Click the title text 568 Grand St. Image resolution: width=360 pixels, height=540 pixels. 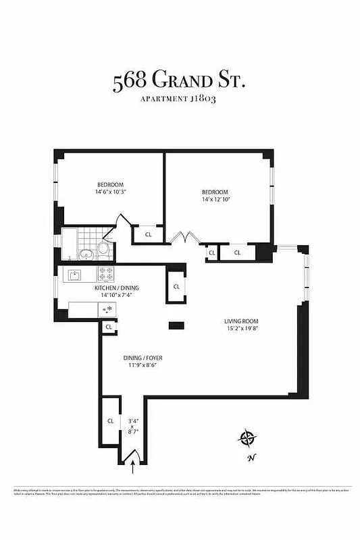tap(179, 82)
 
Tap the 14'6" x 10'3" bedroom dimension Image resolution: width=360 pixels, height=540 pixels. tap(109, 192)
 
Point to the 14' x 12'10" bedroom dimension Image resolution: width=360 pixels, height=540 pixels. tap(215, 199)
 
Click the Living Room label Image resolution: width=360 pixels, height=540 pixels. tap(241, 321)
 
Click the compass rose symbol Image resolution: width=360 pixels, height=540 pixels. tap(248, 438)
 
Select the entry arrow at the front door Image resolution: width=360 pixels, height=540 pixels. tap(133, 462)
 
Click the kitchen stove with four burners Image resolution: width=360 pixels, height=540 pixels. tap(106, 274)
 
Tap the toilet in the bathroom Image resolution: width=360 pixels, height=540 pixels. tap(103, 248)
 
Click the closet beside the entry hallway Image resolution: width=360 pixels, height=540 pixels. tap(110, 421)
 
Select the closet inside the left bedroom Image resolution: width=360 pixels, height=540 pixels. tap(149, 235)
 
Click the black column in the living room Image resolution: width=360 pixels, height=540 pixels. tap(176, 326)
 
